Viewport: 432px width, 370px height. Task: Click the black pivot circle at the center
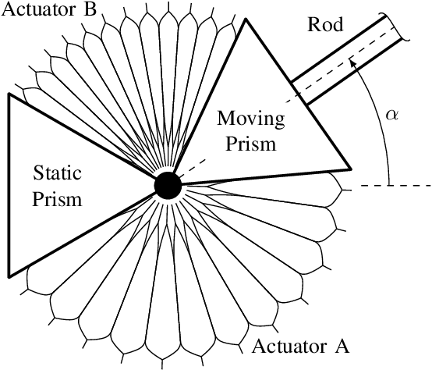coord(168,186)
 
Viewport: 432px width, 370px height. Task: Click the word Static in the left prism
coord(58,174)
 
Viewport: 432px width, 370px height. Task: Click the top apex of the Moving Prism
coord(248,19)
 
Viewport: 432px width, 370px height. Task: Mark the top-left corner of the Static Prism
coord(9,94)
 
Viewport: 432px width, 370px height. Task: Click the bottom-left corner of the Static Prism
coord(9,276)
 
